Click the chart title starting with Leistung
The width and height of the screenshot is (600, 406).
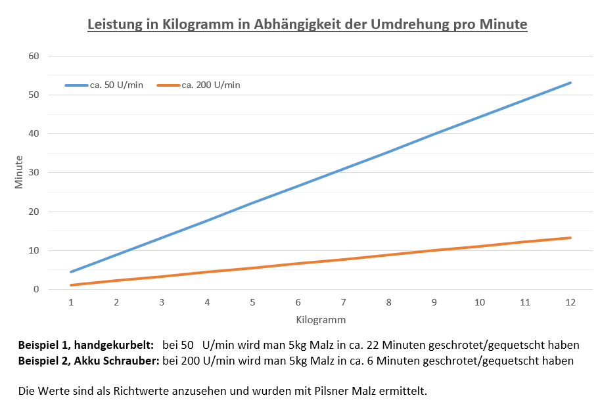[x=308, y=25]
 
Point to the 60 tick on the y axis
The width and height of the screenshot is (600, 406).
[x=34, y=56]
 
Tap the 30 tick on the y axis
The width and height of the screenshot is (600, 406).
[x=34, y=173]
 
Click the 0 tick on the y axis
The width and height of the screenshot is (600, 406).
[x=37, y=289]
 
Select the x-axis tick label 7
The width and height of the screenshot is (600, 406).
[x=344, y=302]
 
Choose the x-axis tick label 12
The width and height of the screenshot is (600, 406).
[x=570, y=302]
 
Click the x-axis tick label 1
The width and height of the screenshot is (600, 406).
[x=71, y=302]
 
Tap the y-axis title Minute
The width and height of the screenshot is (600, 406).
[x=19, y=172]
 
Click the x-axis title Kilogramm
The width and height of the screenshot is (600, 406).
[x=321, y=320]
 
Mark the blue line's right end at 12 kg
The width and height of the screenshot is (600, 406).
[x=570, y=83]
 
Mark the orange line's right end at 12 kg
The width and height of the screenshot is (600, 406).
[x=570, y=238]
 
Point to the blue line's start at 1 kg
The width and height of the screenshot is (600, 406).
[x=71, y=271]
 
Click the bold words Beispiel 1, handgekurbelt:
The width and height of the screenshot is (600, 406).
[x=86, y=345]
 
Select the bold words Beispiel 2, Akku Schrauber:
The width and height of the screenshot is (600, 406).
[x=89, y=361]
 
